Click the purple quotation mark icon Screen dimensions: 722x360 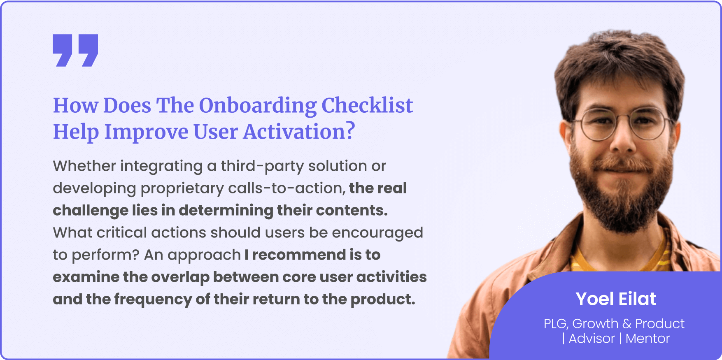click(x=75, y=50)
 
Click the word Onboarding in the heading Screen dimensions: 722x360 click(x=258, y=106)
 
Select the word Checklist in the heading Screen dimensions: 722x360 click(x=367, y=105)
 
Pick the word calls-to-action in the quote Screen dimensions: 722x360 click(x=286, y=188)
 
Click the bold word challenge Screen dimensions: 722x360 click(x=91, y=211)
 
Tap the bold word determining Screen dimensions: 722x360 click(x=226, y=211)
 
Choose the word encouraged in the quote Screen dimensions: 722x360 click(x=377, y=233)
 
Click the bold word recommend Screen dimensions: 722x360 click(x=299, y=255)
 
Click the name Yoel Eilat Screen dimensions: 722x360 click(x=616, y=299)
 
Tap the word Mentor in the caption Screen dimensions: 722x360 click(x=647, y=339)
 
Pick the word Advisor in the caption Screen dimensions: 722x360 click(x=592, y=339)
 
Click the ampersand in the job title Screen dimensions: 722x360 click(x=627, y=324)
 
